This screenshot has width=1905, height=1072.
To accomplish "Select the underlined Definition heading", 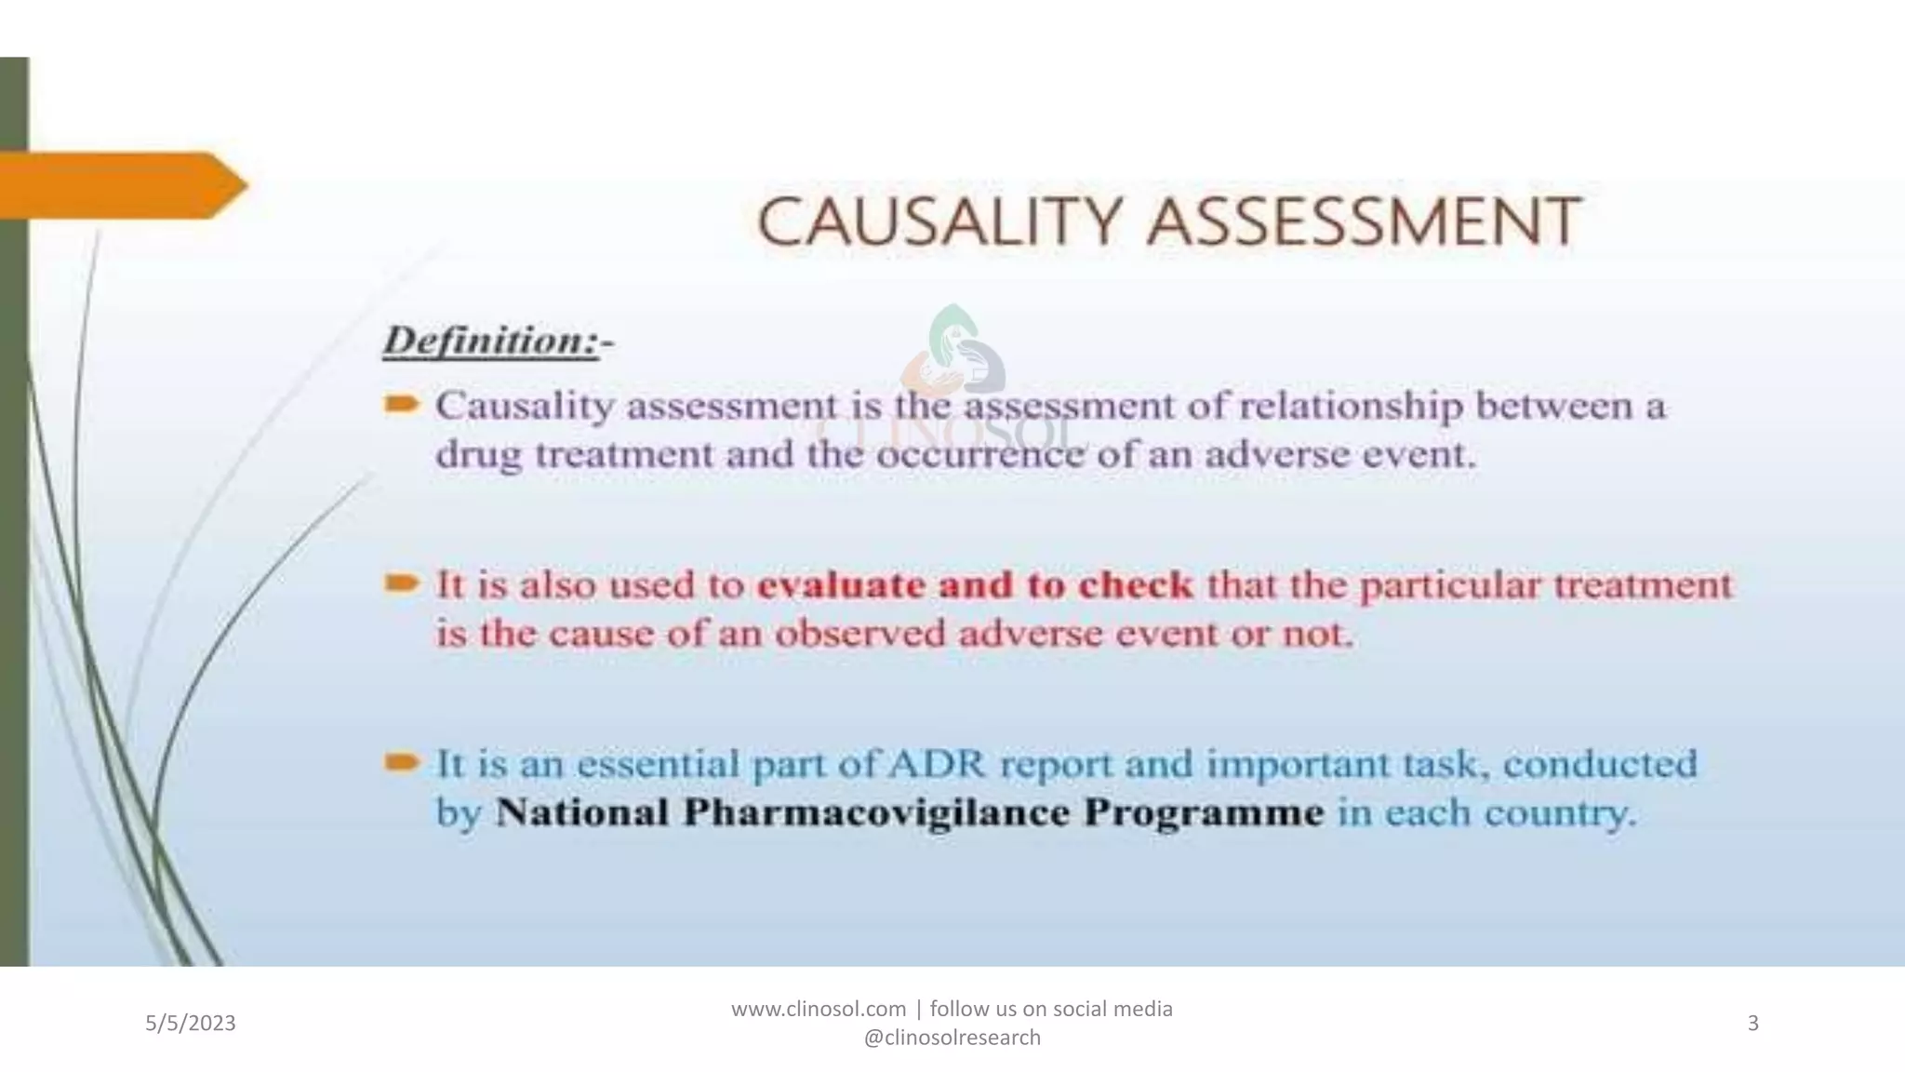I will pos(490,341).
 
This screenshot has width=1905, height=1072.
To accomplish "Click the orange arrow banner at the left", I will pos(121,185).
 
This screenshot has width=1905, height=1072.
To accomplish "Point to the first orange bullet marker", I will pos(402,405).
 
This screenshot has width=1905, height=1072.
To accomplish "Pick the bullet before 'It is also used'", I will pos(402,584).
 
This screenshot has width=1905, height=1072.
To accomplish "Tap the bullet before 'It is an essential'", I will pos(402,763).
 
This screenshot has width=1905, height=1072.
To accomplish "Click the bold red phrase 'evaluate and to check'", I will pos(975,585).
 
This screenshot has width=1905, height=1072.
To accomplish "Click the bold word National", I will pos(581,812).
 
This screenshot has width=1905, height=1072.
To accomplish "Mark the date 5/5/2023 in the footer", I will pos(191,1024).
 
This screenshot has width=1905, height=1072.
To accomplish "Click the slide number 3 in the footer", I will pos(1752,1024).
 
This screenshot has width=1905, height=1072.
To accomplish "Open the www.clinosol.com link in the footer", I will pos(818,1009).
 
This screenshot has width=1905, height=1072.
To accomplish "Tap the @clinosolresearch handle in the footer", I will pos(952,1038).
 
